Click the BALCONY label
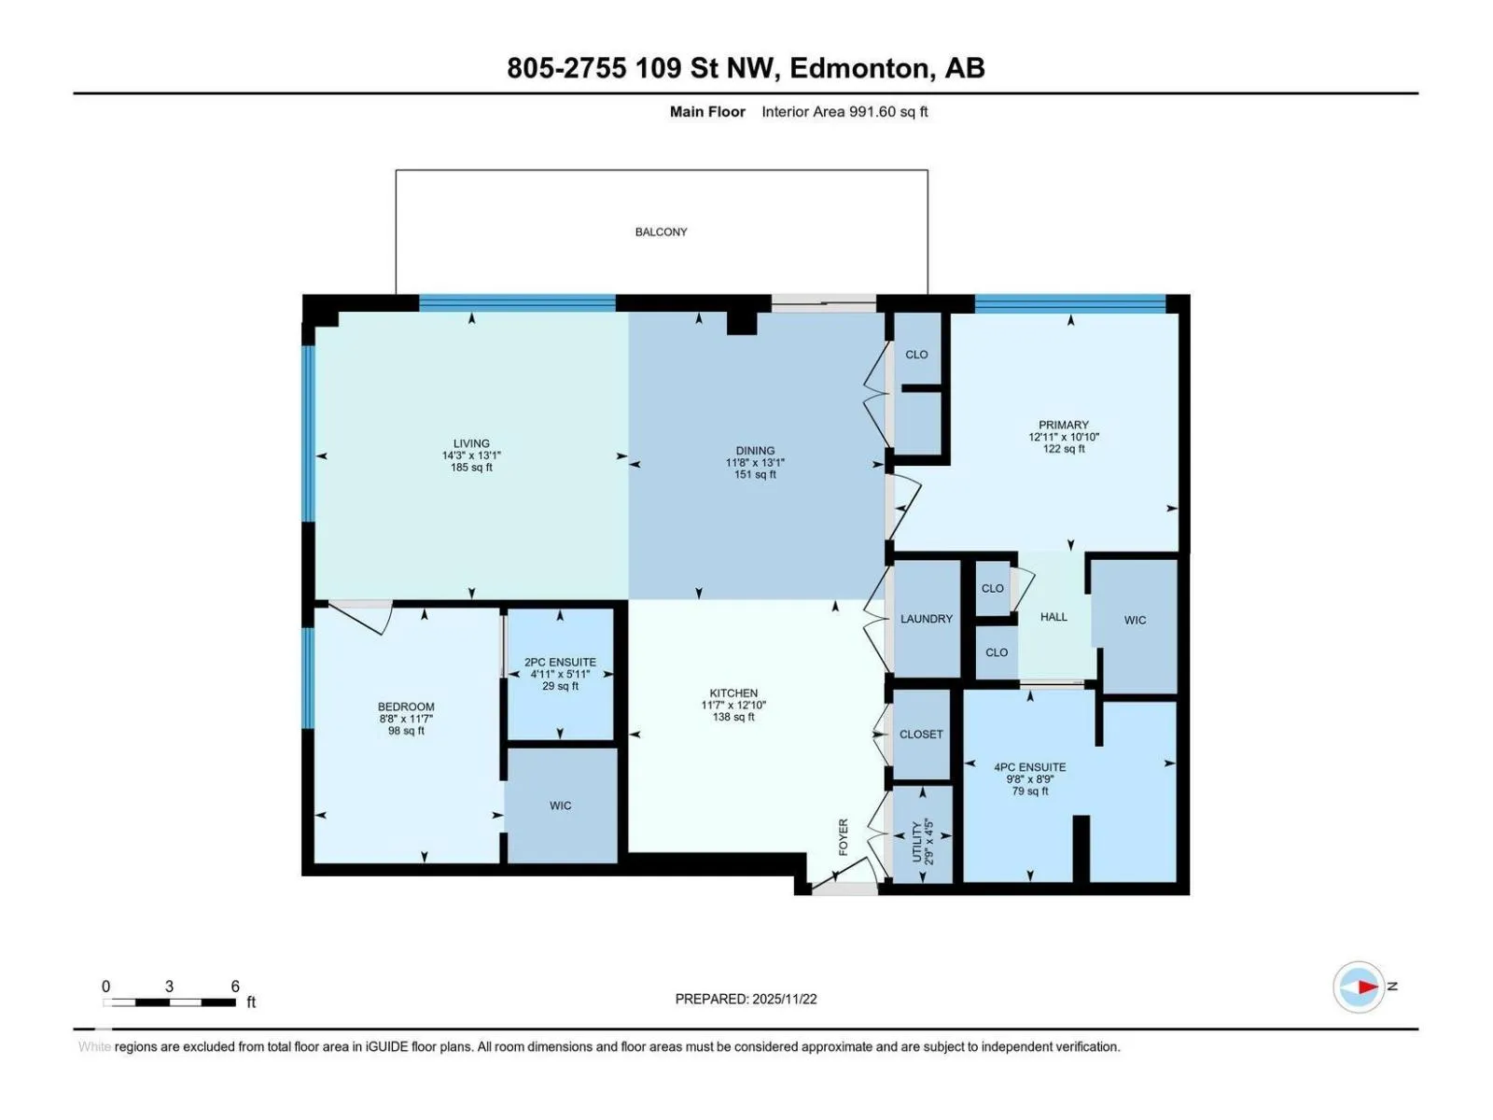point(661,231)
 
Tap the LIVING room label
point(470,443)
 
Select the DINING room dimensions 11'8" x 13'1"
point(754,462)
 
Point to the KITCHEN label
point(733,693)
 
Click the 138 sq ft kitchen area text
point(733,717)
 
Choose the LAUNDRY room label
point(926,619)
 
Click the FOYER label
point(844,836)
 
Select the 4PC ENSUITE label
point(1029,767)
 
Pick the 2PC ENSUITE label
point(560,663)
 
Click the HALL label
point(1053,617)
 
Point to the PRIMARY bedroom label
point(1063,425)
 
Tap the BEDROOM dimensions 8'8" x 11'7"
point(405,719)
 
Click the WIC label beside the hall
point(1135,620)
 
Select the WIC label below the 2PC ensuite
point(560,805)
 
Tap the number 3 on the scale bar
point(169,986)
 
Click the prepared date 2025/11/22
point(784,999)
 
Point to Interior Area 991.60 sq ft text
point(844,111)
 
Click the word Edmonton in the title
point(859,68)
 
